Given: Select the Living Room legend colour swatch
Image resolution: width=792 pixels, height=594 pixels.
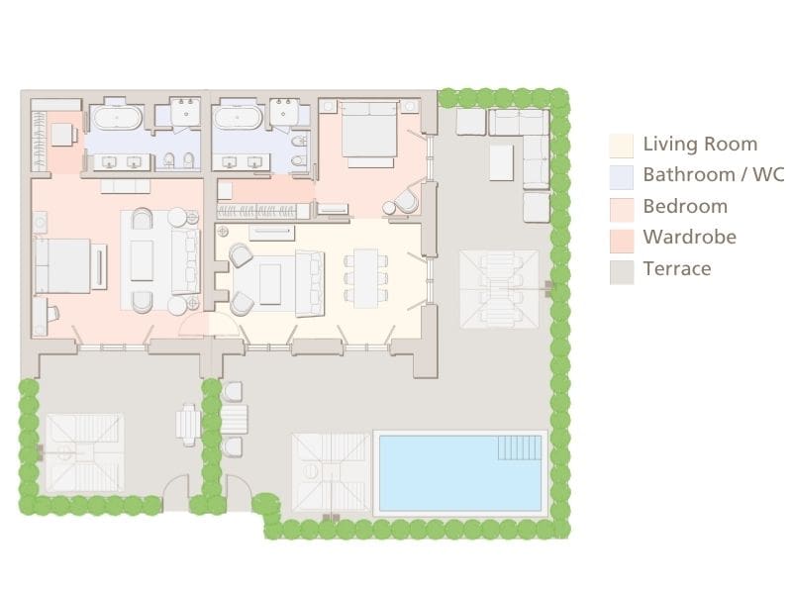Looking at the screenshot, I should [x=621, y=146].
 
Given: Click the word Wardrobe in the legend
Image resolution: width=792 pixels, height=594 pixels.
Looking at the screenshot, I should [x=689, y=237].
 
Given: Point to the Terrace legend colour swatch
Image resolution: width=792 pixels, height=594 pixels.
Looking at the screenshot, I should [x=621, y=269].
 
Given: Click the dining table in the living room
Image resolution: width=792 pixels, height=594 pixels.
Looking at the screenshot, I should [x=365, y=277].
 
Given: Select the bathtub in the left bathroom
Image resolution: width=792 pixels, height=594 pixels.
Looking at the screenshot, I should [x=118, y=118].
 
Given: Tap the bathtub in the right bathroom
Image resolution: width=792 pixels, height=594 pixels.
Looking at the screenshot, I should [x=239, y=118].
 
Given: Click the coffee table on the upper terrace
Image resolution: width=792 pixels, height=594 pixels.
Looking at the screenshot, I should [x=501, y=162].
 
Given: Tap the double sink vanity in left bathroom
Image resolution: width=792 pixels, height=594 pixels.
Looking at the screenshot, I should [x=118, y=161].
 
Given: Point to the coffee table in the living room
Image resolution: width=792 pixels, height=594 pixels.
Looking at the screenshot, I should [x=270, y=282].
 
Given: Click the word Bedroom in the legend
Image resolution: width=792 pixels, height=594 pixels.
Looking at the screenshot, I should [x=685, y=206].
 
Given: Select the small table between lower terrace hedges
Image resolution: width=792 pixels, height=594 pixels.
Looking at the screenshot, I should [x=188, y=423].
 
